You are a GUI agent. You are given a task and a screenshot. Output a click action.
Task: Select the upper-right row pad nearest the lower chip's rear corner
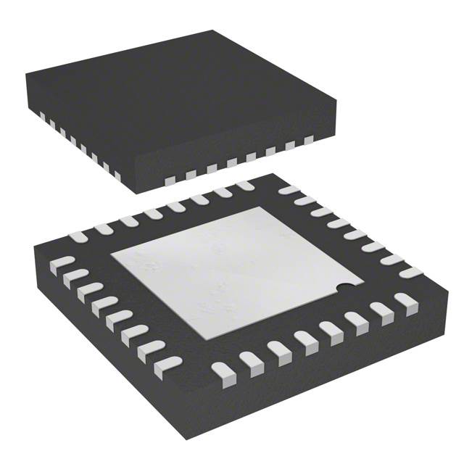289,190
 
